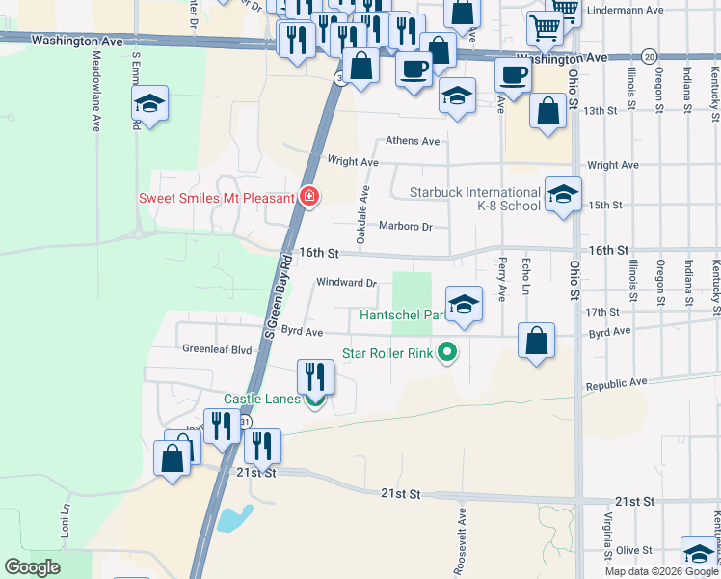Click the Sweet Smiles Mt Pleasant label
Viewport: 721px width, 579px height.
pyautogui.click(x=216, y=198)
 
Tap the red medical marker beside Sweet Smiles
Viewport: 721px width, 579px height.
pyautogui.click(x=309, y=198)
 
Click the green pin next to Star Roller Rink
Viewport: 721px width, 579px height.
pyautogui.click(x=446, y=353)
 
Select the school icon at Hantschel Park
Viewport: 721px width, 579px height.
pyautogui.click(x=464, y=304)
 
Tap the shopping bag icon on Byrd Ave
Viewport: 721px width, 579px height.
pyautogui.click(x=536, y=341)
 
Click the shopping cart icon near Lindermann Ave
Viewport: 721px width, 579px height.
pyautogui.click(x=547, y=30)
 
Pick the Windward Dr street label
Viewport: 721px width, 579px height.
pyautogui.click(x=345, y=283)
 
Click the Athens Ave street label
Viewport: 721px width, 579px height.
pyautogui.click(x=413, y=141)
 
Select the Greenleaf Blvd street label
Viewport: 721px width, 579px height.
pyautogui.click(x=217, y=349)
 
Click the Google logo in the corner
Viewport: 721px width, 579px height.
pyautogui.click(x=32, y=567)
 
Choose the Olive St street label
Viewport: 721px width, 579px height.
pyautogui.click(x=634, y=550)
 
